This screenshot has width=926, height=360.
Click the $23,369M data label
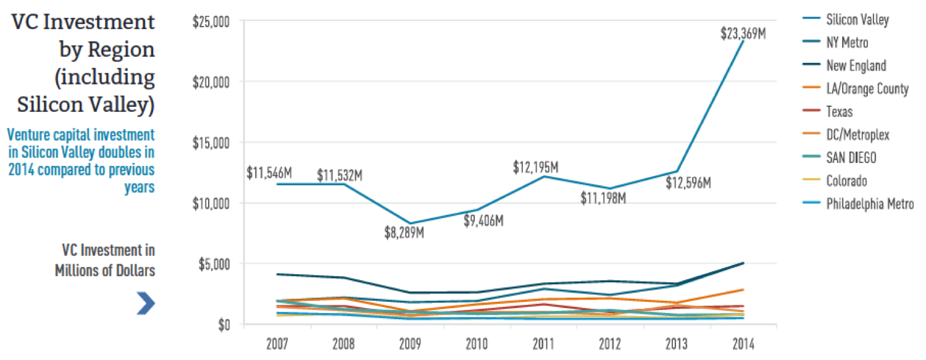743,33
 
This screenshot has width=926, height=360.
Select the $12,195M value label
535,167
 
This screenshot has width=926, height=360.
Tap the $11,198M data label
604,198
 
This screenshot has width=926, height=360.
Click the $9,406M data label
483,220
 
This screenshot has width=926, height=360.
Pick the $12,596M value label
688,183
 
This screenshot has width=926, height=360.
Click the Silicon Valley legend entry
857,20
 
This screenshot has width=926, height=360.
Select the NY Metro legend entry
847,43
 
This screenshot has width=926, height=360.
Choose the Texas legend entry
839,112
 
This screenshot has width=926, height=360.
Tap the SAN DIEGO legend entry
851,157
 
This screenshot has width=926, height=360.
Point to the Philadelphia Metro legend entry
869,204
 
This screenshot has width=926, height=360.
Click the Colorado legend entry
846,181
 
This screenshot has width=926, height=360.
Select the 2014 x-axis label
742,343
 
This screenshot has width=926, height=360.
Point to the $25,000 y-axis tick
211,22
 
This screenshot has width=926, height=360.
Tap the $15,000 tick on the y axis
211,143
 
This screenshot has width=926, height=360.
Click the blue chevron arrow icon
146,303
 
